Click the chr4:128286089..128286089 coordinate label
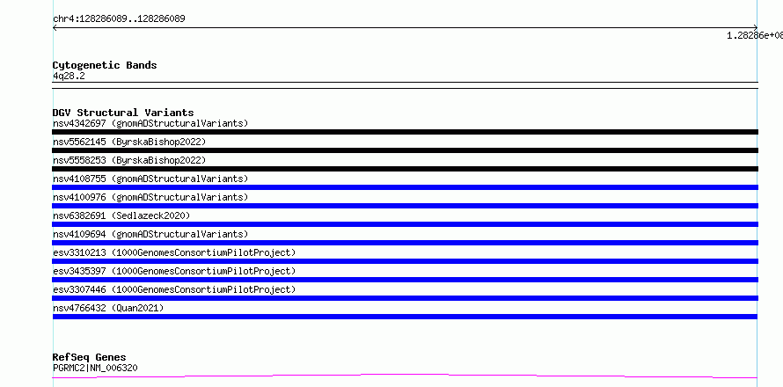pyautogui.click(x=119, y=19)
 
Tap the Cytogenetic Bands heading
pyautogui.click(x=105, y=65)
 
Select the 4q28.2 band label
pyautogui.click(x=69, y=76)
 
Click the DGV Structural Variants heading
pyautogui.click(x=123, y=113)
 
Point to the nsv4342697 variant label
pyautogui.click(x=150, y=123)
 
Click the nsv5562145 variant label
pyautogui.click(x=129, y=142)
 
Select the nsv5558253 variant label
pyautogui.click(x=129, y=160)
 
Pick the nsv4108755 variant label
pyautogui.click(x=150, y=179)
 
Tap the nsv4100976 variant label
pyautogui.click(x=150, y=197)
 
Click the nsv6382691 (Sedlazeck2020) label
pyautogui.click(x=121, y=215)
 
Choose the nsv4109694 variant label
pyautogui.click(x=150, y=234)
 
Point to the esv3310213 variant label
pyautogui.click(x=174, y=252)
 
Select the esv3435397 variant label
pyautogui.click(x=174, y=271)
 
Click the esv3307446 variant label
pyautogui.click(x=174, y=289)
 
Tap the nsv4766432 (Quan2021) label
pyautogui.click(x=108, y=308)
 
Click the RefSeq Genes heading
pyautogui.click(x=90, y=357)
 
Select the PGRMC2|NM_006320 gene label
pyautogui.click(x=95, y=368)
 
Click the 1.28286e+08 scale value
pyautogui.click(x=755, y=35)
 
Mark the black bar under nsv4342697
pyautogui.click(x=405, y=132)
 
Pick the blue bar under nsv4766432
pyautogui.click(x=405, y=317)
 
